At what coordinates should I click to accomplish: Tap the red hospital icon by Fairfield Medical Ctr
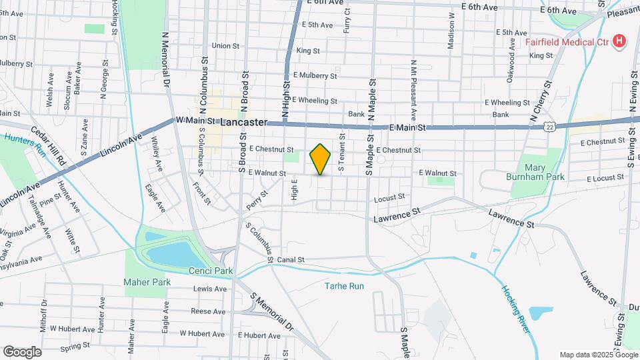[x=620, y=41]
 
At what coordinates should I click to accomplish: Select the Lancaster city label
[x=243, y=123]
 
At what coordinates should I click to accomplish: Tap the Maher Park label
[x=147, y=282]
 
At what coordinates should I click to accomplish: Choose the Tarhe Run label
[x=344, y=286]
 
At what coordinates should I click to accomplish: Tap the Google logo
[x=22, y=351]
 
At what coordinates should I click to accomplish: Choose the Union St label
[x=225, y=46]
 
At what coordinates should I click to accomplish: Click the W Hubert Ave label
[x=73, y=329]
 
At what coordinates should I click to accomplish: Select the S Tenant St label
[x=341, y=153]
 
